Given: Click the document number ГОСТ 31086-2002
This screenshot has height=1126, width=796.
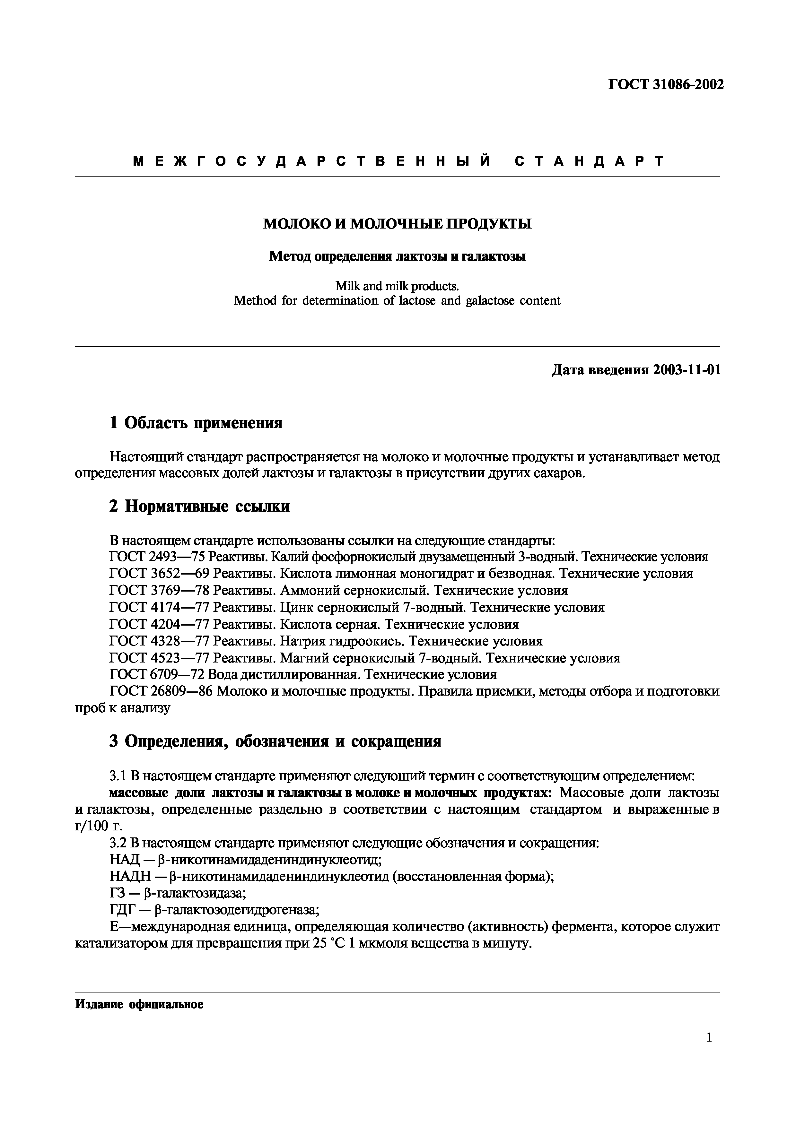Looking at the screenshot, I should tap(666, 85).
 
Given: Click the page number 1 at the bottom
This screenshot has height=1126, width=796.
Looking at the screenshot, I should tap(709, 1051).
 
